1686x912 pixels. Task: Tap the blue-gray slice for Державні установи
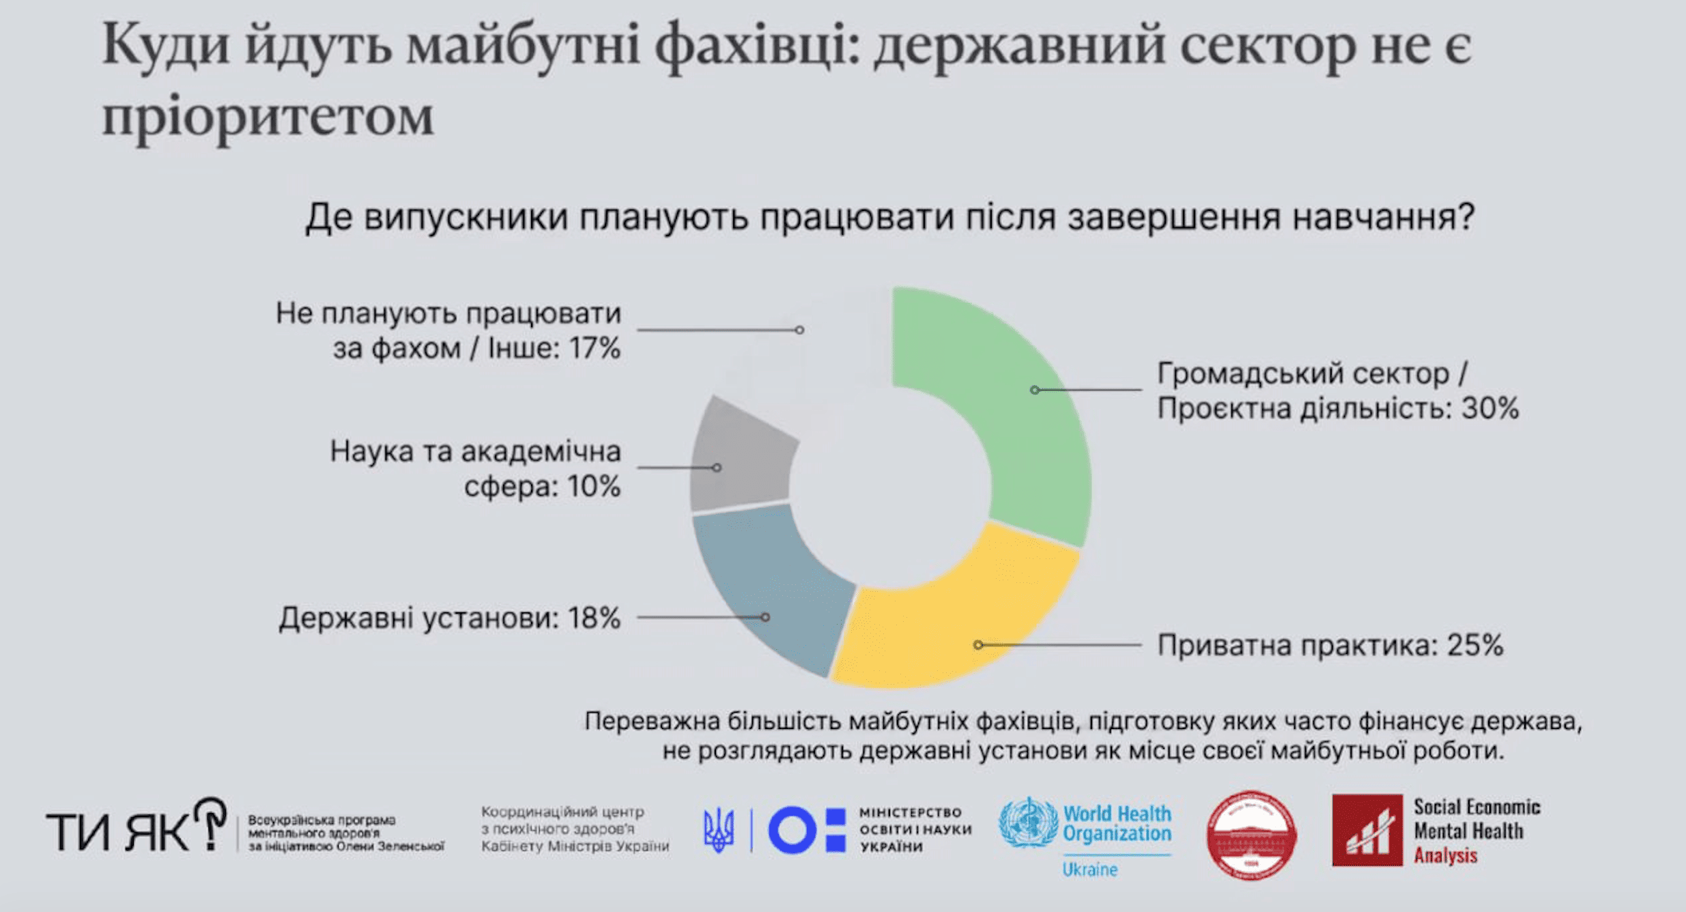coord(771,587)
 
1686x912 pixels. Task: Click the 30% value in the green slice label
coord(1490,409)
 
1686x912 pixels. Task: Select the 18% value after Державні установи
coord(594,618)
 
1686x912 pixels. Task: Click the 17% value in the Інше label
coord(595,349)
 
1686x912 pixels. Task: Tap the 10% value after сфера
coord(594,487)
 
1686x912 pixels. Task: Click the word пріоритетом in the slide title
coord(268,116)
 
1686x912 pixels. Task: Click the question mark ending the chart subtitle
coord(1465,216)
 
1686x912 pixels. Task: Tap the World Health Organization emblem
coord(1027,823)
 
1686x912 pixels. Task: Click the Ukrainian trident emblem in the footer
coord(719,830)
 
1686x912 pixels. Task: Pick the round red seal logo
coord(1251,834)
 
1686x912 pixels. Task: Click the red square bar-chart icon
coord(1367,830)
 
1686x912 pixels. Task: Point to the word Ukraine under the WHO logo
coord(1089,870)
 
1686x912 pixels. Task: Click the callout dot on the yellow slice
coord(978,644)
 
